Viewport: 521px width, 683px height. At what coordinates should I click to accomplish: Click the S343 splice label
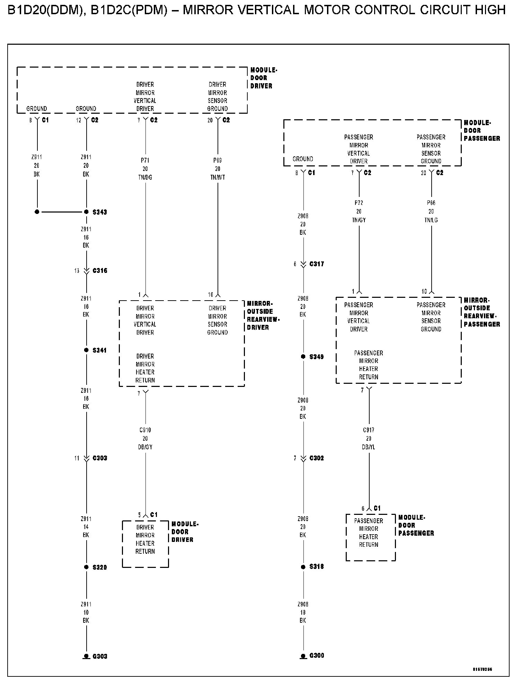coord(100,212)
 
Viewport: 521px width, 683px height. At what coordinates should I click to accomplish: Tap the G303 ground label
coord(100,656)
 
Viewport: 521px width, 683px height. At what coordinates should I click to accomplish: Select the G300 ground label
coord(317,656)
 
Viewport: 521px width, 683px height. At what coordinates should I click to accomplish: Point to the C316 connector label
coord(100,271)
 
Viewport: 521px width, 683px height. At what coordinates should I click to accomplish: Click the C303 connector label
coord(100,458)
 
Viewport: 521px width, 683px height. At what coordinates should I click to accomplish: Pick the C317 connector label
coord(317,264)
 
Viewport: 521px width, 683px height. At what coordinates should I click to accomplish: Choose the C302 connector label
coord(317,458)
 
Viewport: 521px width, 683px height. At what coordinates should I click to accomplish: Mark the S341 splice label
coord(100,350)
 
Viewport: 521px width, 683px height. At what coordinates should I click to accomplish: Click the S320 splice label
coord(100,568)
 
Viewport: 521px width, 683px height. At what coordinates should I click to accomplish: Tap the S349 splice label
coord(317,357)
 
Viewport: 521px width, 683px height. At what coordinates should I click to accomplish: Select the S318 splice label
coord(317,567)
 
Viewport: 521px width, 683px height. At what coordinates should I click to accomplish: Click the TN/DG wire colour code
coord(145,177)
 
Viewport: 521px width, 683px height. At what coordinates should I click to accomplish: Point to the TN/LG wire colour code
coord(431,220)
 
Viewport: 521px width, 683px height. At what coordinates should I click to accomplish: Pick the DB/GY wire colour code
coord(145,447)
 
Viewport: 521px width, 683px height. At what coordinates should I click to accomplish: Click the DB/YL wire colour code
coord(369,447)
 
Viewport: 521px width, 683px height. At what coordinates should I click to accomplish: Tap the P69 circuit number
coord(218,161)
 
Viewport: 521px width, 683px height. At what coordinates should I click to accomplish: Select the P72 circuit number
coord(359,203)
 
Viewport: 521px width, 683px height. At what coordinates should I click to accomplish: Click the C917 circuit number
coord(369,430)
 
